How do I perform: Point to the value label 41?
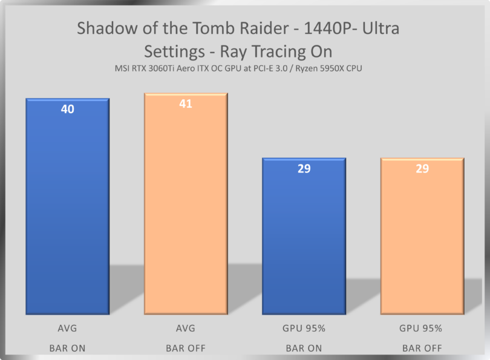(186, 104)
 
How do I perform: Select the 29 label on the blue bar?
(304, 168)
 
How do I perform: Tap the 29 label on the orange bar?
(422, 168)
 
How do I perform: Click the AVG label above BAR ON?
(67, 329)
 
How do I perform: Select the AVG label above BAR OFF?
(186, 329)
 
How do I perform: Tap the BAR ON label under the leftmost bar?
(67, 348)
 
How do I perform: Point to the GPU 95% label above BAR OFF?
(421, 329)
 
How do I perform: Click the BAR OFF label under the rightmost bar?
(421, 348)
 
